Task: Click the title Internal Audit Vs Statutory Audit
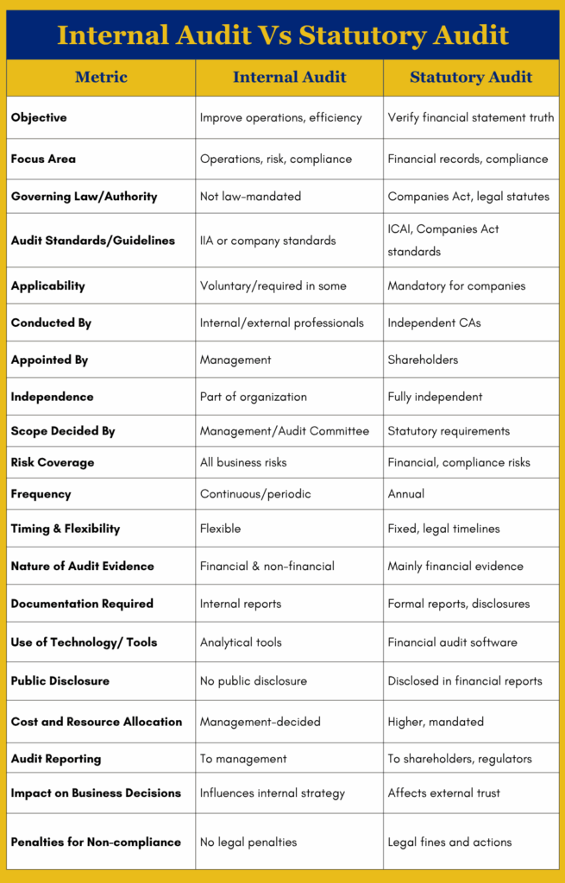(x=282, y=35)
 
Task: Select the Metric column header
(x=101, y=78)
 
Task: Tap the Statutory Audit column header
(x=471, y=78)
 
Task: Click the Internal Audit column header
(x=289, y=78)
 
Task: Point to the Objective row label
(x=39, y=117)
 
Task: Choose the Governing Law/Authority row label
(x=84, y=197)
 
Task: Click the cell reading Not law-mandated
(x=250, y=197)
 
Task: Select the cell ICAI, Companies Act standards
(x=443, y=241)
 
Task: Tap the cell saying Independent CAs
(x=434, y=323)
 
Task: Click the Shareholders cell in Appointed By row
(x=423, y=360)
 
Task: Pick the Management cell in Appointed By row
(x=235, y=360)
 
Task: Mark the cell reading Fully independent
(x=435, y=397)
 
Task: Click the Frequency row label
(x=41, y=494)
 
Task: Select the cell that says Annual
(x=406, y=494)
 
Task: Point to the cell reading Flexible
(x=220, y=529)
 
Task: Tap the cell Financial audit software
(x=452, y=642)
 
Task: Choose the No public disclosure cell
(x=253, y=681)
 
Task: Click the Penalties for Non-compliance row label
(x=96, y=842)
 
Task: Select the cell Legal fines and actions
(x=449, y=842)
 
